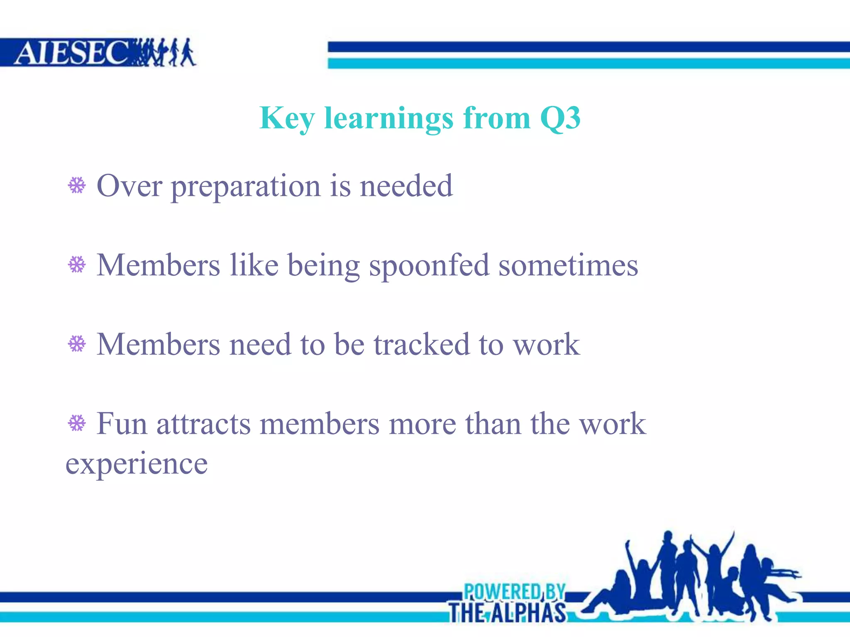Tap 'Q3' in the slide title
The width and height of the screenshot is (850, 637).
(x=560, y=118)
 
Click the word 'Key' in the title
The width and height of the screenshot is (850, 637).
(x=287, y=119)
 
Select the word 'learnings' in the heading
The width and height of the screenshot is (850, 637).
(x=388, y=119)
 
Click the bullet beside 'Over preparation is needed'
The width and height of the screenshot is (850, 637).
(x=77, y=185)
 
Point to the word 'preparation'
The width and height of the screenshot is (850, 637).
(x=246, y=187)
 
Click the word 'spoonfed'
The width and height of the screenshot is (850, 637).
(x=429, y=265)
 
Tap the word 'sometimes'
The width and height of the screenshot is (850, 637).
(x=568, y=265)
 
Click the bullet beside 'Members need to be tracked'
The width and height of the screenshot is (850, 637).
(x=77, y=344)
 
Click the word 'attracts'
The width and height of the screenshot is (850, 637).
(x=203, y=424)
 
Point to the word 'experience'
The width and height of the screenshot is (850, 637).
(x=137, y=464)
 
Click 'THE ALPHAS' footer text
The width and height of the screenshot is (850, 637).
(x=507, y=613)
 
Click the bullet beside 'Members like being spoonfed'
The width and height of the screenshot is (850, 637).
(x=77, y=265)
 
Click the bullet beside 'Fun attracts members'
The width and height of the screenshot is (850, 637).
(x=77, y=423)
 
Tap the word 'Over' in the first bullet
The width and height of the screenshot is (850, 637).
(x=129, y=186)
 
